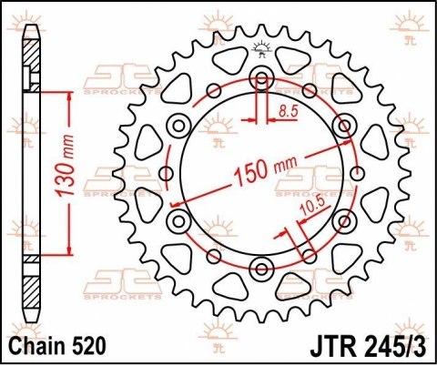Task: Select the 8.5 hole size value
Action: coord(290,112)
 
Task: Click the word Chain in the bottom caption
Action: coord(42,346)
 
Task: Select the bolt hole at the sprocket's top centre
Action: coord(261,76)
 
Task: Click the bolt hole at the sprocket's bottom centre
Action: coord(261,267)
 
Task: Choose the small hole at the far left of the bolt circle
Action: coord(166,171)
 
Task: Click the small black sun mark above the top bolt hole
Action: coord(261,50)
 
